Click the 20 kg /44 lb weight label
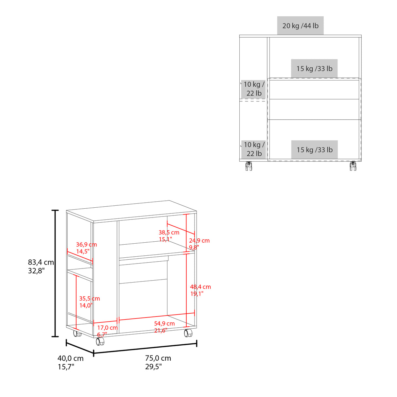coord(300,26)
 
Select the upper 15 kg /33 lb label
coord(314,69)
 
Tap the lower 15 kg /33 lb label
coord(314,150)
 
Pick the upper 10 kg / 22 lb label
coord(254,89)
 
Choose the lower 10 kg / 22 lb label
coord(254,149)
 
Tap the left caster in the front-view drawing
coord(249,166)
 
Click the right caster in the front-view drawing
coord(353,166)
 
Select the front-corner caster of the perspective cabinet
coord(100,341)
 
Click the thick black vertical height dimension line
coord(56,273)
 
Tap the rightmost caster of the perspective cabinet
coord(188,333)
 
